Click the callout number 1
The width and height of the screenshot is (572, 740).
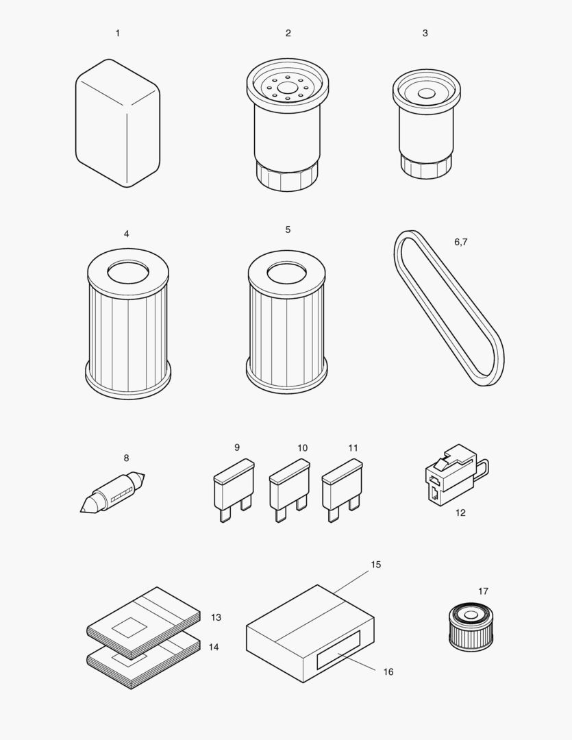(117, 33)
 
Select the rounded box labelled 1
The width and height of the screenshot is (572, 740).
(117, 123)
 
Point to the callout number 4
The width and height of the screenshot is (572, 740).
(126, 234)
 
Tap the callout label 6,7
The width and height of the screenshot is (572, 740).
(461, 242)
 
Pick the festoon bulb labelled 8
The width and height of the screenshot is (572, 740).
(113, 493)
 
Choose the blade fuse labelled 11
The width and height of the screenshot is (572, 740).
(341, 486)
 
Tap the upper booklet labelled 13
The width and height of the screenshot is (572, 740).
(144, 620)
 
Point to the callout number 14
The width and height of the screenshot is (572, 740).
(214, 647)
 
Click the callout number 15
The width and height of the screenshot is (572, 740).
(375, 565)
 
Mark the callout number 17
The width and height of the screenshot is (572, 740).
(483, 591)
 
